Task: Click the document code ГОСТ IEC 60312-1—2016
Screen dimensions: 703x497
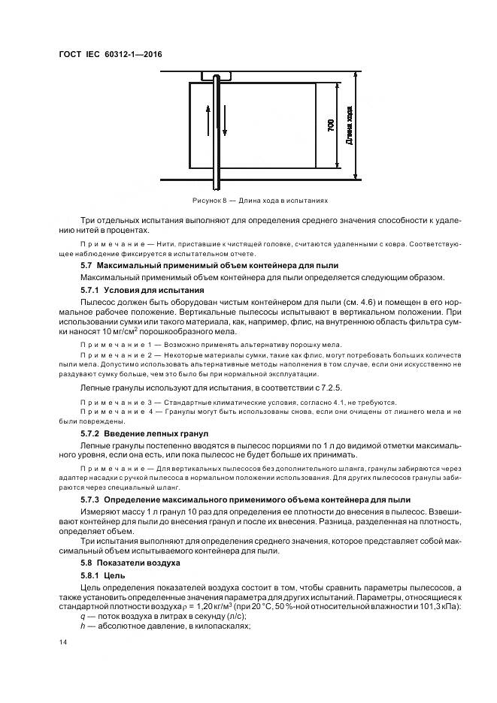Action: click(x=111, y=54)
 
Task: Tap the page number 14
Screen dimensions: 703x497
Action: click(x=63, y=643)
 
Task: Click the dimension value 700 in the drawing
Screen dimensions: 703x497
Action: click(x=330, y=125)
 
